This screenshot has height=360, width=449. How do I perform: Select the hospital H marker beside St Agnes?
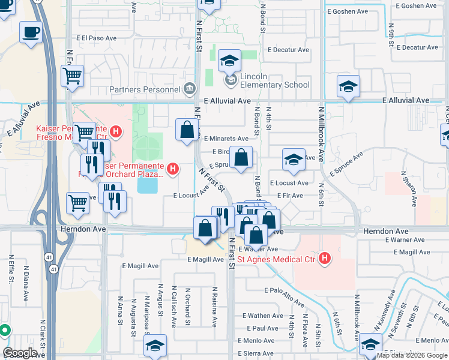325,259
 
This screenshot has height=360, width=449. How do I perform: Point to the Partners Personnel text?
145,90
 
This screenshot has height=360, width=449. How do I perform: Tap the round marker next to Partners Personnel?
190,89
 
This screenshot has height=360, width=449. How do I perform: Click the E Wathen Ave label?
262,316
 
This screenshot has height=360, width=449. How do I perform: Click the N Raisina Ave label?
214,306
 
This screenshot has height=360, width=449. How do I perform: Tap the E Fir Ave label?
289,196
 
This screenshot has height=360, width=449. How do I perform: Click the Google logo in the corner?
20,353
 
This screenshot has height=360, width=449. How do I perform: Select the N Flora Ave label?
305,331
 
